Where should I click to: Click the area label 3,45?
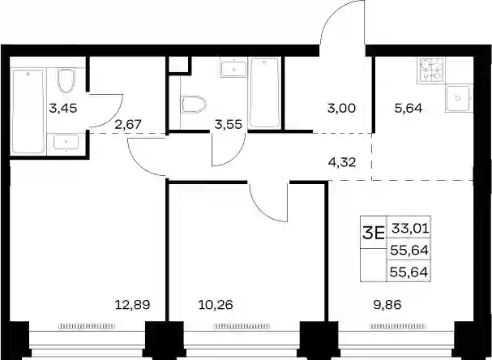click(62, 109)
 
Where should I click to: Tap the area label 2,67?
click(128, 125)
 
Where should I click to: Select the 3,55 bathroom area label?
click(228, 125)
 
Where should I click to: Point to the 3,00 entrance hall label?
click(341, 109)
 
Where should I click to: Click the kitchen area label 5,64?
click(409, 109)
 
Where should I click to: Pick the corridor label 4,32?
click(342, 163)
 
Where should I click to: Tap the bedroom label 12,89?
click(133, 304)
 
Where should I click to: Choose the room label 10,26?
click(216, 304)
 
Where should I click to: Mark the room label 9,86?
click(387, 304)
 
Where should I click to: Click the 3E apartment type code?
click(374, 233)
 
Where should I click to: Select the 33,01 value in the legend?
click(410, 229)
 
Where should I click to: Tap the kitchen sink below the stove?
click(459, 99)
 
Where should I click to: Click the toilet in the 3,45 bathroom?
click(66, 80)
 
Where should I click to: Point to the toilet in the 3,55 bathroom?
click(194, 105)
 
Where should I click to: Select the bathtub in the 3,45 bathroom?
click(28, 111)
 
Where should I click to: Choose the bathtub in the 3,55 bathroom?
click(265, 93)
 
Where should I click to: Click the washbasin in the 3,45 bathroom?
click(66, 142)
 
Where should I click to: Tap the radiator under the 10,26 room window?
click(242, 327)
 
